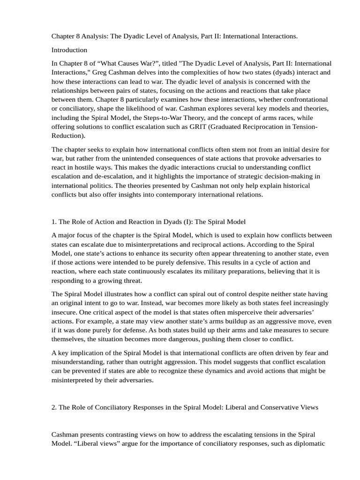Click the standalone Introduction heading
(69, 50)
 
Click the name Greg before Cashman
(100, 72)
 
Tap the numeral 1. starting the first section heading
(54, 222)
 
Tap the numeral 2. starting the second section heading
(54, 407)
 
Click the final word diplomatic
(308, 444)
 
